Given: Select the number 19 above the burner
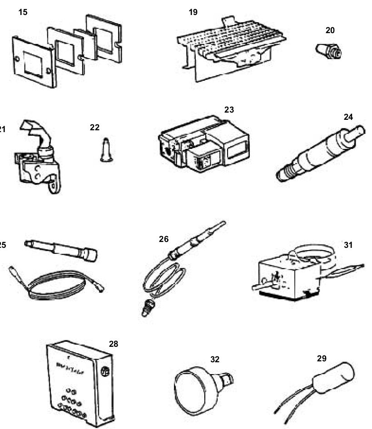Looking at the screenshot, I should pos(193,12).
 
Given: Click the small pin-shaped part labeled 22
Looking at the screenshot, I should pos(105,149).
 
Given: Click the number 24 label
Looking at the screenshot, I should pos(348,117).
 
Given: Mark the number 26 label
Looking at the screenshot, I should pos(164,239).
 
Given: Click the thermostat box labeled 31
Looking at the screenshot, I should pos(286,277).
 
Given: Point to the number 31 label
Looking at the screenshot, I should pos(348,245).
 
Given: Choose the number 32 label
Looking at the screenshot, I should pos(215,359).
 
